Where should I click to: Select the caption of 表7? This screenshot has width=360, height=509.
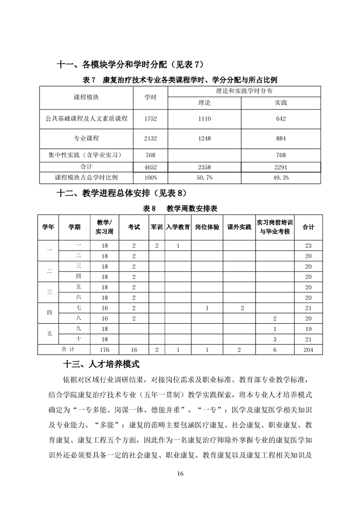click(180, 80)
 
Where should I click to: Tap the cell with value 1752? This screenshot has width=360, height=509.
click(150, 119)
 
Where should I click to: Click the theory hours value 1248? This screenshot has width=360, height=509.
click(204, 138)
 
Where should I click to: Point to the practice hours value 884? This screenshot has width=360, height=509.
click(281, 138)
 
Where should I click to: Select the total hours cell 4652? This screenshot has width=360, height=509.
click(150, 167)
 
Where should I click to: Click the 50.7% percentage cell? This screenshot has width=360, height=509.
click(204, 177)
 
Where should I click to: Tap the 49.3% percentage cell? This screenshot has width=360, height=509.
click(281, 177)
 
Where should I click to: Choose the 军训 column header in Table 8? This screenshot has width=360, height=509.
click(157, 227)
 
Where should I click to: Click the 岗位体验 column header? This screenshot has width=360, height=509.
click(207, 227)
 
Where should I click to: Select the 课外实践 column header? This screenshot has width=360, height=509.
click(239, 227)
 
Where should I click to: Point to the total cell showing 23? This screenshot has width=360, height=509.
click(308, 246)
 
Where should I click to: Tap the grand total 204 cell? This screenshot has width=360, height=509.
click(308, 350)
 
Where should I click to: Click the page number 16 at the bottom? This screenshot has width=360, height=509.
click(180, 474)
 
